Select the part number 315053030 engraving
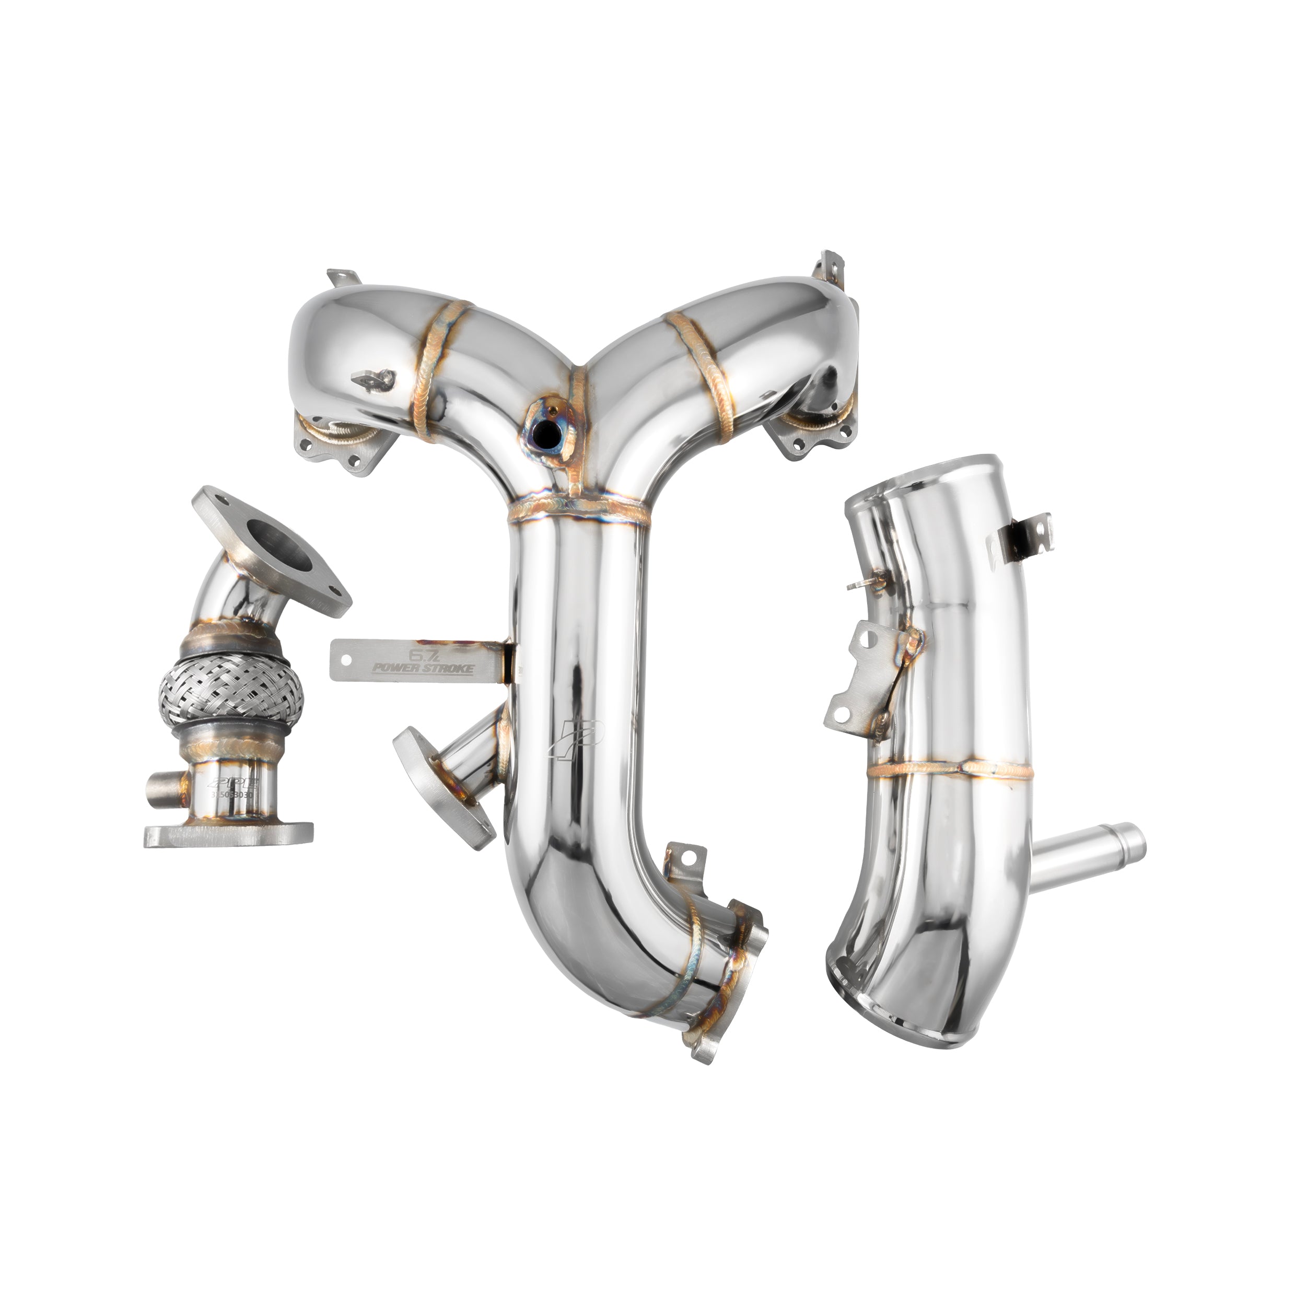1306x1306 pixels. [x=232, y=796]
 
